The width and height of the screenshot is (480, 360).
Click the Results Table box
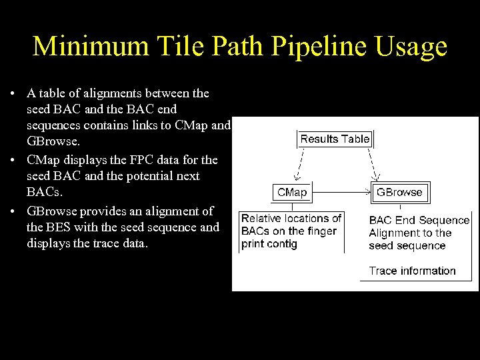(335, 139)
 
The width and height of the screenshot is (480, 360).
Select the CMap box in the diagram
(291, 192)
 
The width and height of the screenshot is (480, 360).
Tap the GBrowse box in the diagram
(399, 192)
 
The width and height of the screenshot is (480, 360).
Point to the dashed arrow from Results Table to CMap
(299, 164)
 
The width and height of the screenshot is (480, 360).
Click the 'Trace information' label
(412, 271)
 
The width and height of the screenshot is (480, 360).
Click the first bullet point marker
(13, 93)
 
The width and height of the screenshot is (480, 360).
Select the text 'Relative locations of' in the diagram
(291, 218)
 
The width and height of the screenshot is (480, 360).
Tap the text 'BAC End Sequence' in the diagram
(419, 220)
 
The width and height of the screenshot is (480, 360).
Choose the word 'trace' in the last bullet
(111, 243)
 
